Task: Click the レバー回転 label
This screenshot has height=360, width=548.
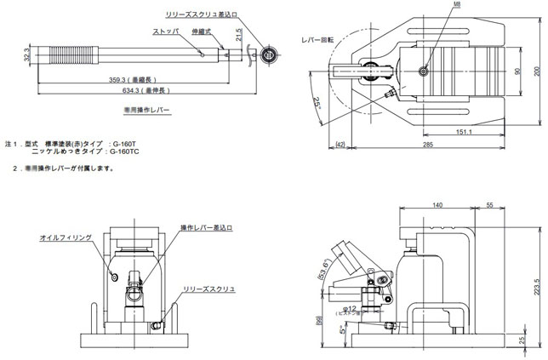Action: pyautogui.click(x=317, y=39)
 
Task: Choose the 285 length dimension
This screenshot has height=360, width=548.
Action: pyautogui.click(x=429, y=146)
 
